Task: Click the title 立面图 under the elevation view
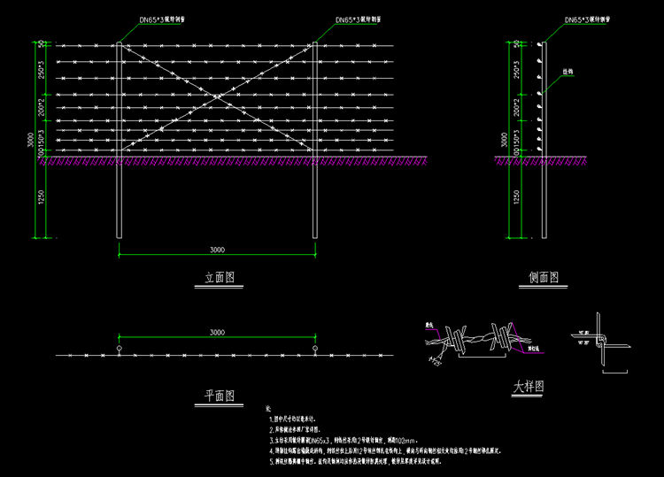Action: tap(219, 277)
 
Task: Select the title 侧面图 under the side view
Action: tap(544, 277)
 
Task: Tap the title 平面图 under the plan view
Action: tap(218, 395)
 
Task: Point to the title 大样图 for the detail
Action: tap(528, 387)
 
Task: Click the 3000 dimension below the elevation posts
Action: tap(217, 250)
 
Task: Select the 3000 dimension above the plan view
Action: tap(217, 332)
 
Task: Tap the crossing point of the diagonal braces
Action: tap(217, 97)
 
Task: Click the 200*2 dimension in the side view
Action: tap(517, 108)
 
